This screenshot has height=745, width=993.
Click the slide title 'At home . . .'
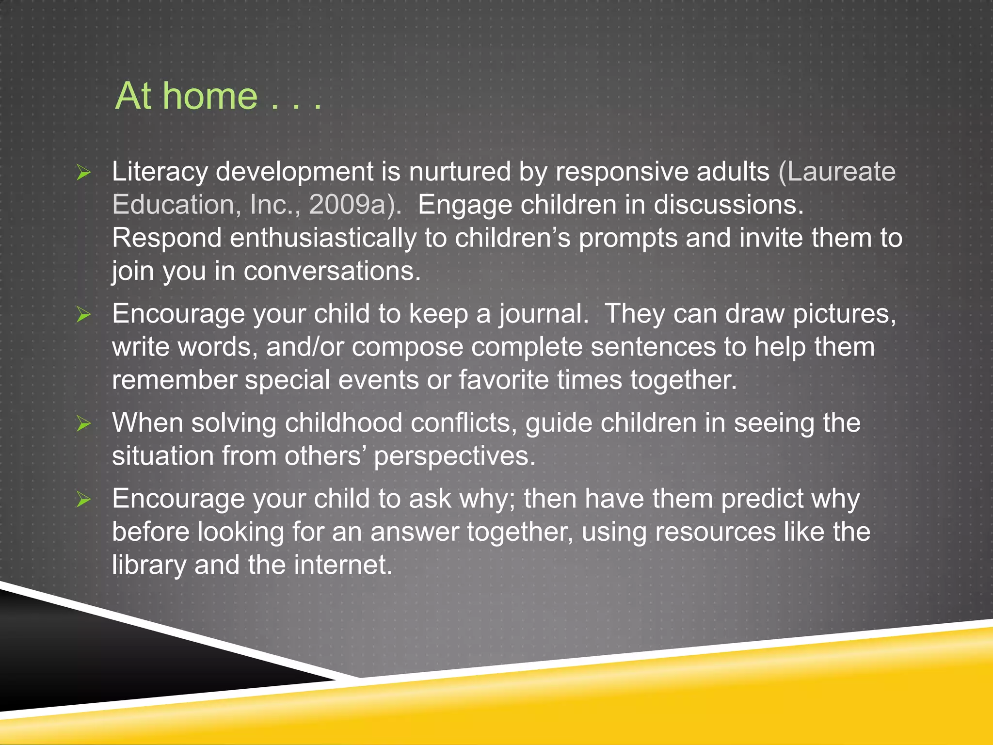[x=218, y=96]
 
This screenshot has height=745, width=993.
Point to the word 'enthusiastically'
[x=323, y=238]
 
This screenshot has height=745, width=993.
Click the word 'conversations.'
[x=332, y=271]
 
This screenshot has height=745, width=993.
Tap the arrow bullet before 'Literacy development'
[x=83, y=173]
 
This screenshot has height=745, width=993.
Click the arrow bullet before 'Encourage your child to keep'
[x=83, y=315]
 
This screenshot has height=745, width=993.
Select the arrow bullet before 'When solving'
[x=83, y=424]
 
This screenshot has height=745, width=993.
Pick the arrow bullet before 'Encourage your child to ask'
[x=83, y=500]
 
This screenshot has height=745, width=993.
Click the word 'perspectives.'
[x=455, y=456]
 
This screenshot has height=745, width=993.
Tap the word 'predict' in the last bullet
[x=762, y=499]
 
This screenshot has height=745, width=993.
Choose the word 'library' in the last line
[x=149, y=565]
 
